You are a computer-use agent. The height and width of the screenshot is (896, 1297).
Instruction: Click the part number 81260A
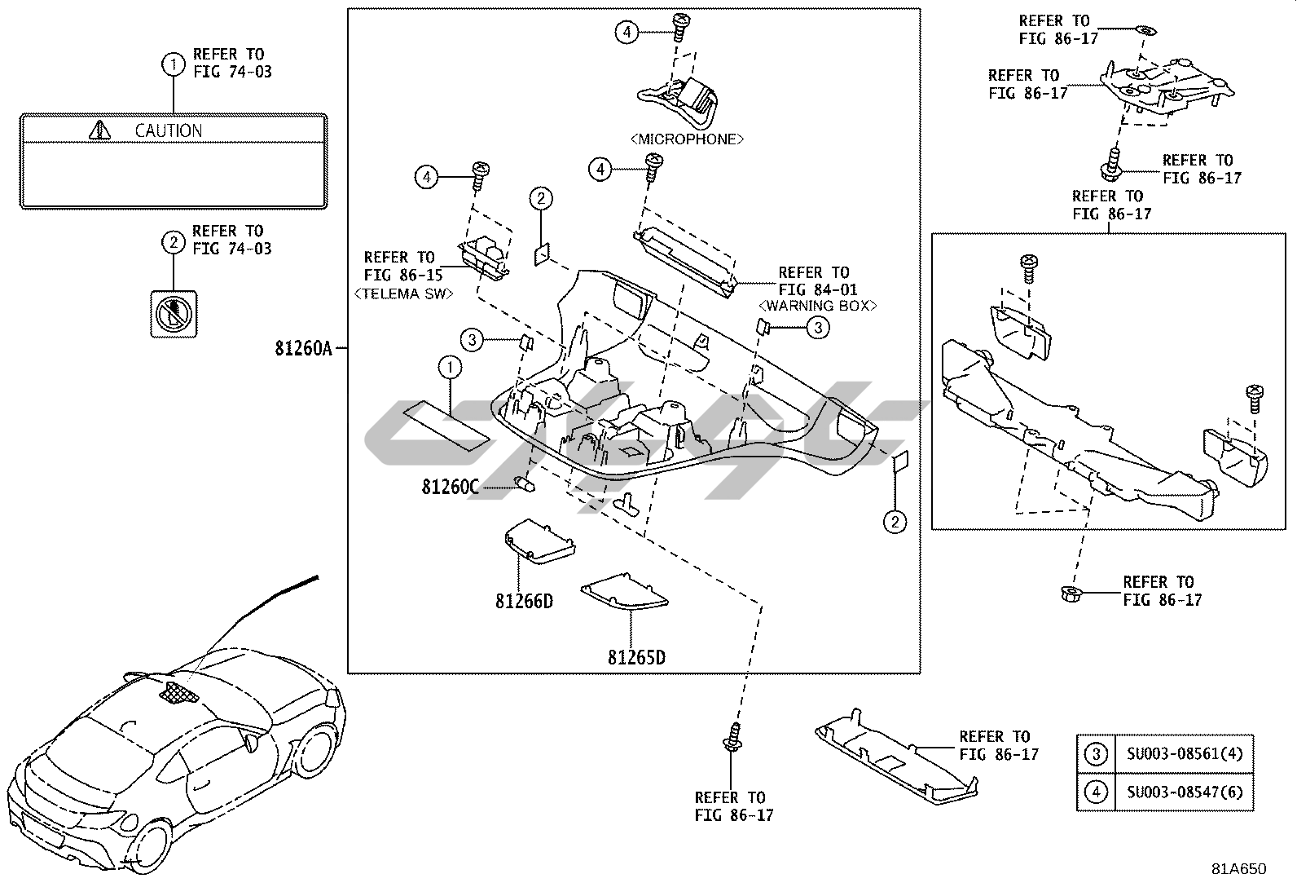(304, 349)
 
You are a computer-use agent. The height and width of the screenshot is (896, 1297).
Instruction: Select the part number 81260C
(450, 488)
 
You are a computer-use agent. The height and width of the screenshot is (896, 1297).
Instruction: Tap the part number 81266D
(524, 602)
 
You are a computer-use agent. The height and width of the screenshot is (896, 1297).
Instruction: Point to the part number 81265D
(636, 657)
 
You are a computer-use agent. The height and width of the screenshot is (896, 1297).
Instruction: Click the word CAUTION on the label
(168, 130)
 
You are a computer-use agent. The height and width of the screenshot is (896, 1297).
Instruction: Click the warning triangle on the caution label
(99, 130)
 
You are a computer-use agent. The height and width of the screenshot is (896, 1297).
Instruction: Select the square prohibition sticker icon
(174, 312)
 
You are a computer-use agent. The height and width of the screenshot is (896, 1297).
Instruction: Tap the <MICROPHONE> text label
(687, 139)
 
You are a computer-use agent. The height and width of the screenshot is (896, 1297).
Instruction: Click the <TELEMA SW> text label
(404, 294)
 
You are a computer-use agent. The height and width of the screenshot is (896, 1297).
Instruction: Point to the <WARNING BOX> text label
(817, 306)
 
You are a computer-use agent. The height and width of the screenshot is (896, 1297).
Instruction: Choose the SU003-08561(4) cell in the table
(1185, 753)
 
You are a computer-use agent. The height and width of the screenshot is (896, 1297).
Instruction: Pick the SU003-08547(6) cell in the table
(1185, 792)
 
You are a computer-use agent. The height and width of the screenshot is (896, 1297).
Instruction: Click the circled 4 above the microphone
(626, 32)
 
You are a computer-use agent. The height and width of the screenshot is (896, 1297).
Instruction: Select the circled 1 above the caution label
(173, 63)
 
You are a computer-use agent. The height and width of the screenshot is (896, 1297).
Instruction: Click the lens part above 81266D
(538, 542)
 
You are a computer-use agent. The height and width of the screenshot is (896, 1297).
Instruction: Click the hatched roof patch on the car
(179, 692)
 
